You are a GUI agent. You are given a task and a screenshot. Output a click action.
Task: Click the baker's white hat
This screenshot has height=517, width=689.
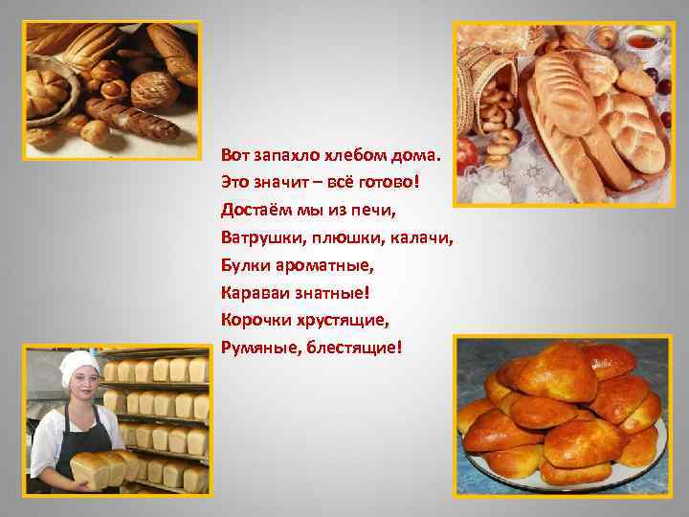pos(78,364)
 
